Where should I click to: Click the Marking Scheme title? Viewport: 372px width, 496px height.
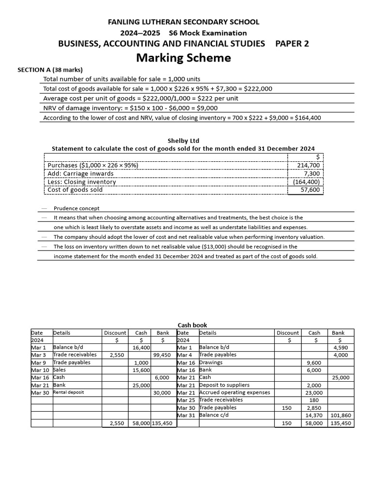183,58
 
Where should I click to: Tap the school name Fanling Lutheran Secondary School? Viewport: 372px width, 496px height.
183,22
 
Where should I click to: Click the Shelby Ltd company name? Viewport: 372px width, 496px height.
183,141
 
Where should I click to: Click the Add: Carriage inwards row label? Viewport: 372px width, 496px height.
80,173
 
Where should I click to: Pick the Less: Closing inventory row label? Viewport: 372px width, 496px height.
82,182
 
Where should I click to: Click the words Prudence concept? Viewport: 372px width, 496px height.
77,208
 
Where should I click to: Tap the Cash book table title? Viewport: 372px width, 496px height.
192,325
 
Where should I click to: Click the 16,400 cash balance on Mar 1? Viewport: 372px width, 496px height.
140,348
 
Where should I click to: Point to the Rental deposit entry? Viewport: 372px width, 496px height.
68,392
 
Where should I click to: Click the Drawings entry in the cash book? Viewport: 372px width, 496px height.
211,362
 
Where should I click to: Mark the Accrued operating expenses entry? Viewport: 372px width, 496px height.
234,392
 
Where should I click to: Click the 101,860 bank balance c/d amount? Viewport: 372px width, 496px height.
342,415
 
